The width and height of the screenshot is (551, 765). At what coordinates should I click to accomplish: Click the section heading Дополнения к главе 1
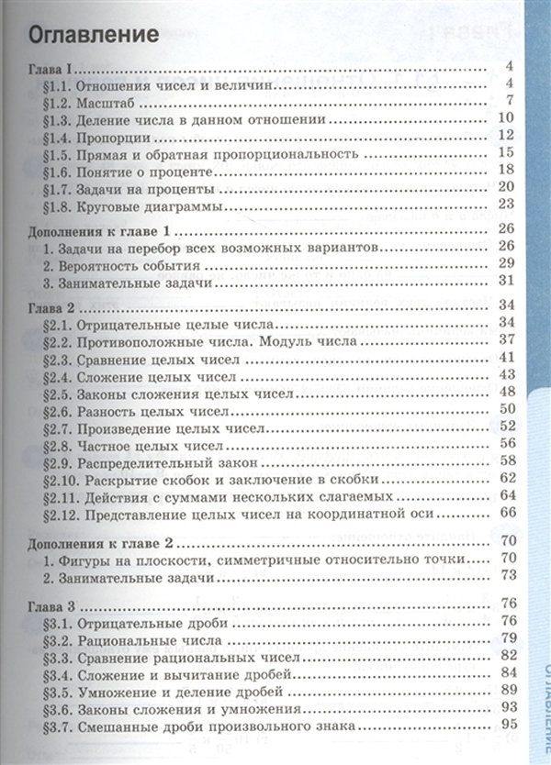[102, 229]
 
